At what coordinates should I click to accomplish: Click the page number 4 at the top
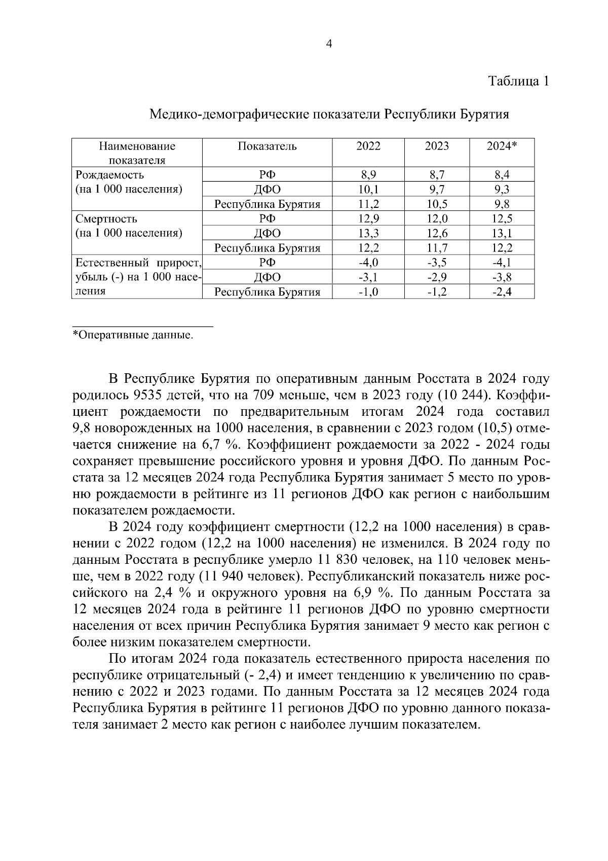pyautogui.click(x=329, y=45)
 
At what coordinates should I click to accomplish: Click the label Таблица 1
pyautogui.click(x=518, y=81)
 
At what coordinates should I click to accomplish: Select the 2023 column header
pyautogui.click(x=437, y=147)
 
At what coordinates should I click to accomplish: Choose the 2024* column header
pyautogui.click(x=502, y=147)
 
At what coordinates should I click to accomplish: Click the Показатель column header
pyautogui.click(x=267, y=147)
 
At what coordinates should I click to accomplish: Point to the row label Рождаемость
pyautogui.click(x=109, y=175)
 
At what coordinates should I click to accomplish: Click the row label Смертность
pyautogui.click(x=106, y=219)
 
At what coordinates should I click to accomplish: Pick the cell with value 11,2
pyautogui.click(x=368, y=204)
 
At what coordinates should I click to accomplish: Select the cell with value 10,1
pyautogui.click(x=368, y=190)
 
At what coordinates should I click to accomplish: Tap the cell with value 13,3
pyautogui.click(x=368, y=234)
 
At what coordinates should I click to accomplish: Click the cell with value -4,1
pyautogui.click(x=502, y=263)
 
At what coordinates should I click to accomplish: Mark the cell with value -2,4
pyautogui.click(x=502, y=292)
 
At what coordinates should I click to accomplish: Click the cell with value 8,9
pyautogui.click(x=368, y=175)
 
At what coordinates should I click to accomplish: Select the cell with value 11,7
pyautogui.click(x=437, y=248)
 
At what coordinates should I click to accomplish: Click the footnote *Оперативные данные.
pyautogui.click(x=133, y=335)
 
